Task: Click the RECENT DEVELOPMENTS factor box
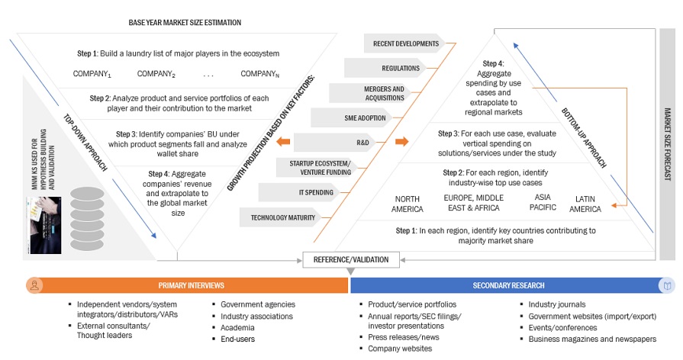point(404,43)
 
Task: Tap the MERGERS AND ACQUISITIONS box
point(384,93)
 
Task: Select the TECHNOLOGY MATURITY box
point(283,217)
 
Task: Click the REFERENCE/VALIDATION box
point(350,259)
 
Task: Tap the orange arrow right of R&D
point(402,142)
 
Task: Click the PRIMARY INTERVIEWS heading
point(191,285)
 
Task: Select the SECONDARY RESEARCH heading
point(508,285)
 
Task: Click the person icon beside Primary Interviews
point(34,285)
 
